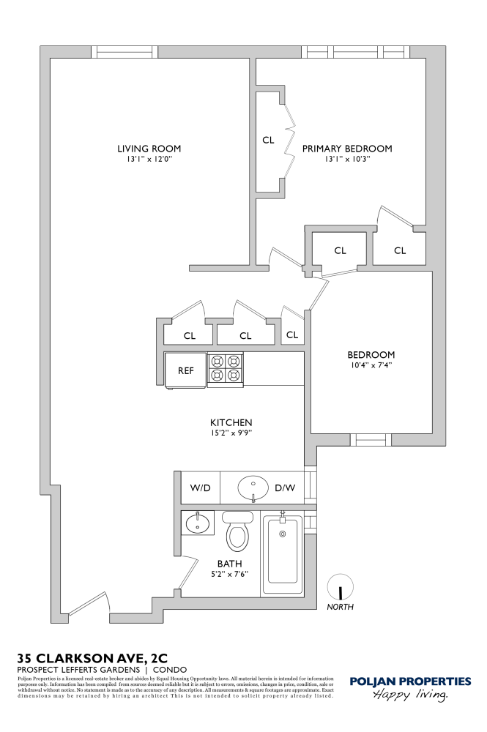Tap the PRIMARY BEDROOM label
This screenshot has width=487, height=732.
(x=347, y=148)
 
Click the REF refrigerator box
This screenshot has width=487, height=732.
(x=186, y=370)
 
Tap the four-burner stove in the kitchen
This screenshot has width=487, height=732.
(x=225, y=368)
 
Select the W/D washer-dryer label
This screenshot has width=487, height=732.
(x=201, y=487)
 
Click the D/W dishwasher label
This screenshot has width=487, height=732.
(x=284, y=487)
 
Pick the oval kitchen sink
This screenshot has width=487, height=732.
(x=253, y=485)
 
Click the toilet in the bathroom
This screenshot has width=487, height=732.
(x=237, y=532)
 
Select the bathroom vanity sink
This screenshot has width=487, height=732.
(x=197, y=524)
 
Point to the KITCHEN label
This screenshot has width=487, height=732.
(x=231, y=422)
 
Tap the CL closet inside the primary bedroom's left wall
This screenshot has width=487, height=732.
(x=268, y=141)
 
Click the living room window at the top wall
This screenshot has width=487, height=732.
(x=125, y=52)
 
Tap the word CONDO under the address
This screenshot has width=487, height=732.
(x=170, y=670)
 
